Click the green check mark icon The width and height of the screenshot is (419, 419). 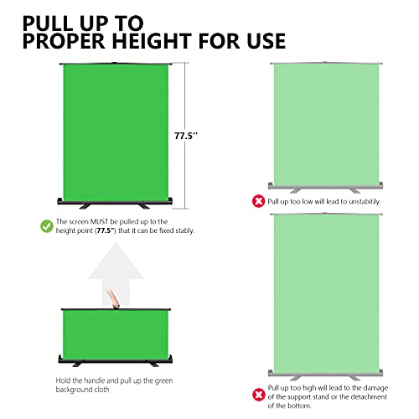pos(45,225)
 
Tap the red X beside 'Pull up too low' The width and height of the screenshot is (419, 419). pos(257,201)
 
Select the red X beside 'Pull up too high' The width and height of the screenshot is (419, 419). pos(257,394)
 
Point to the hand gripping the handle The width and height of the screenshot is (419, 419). pos(109,298)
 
